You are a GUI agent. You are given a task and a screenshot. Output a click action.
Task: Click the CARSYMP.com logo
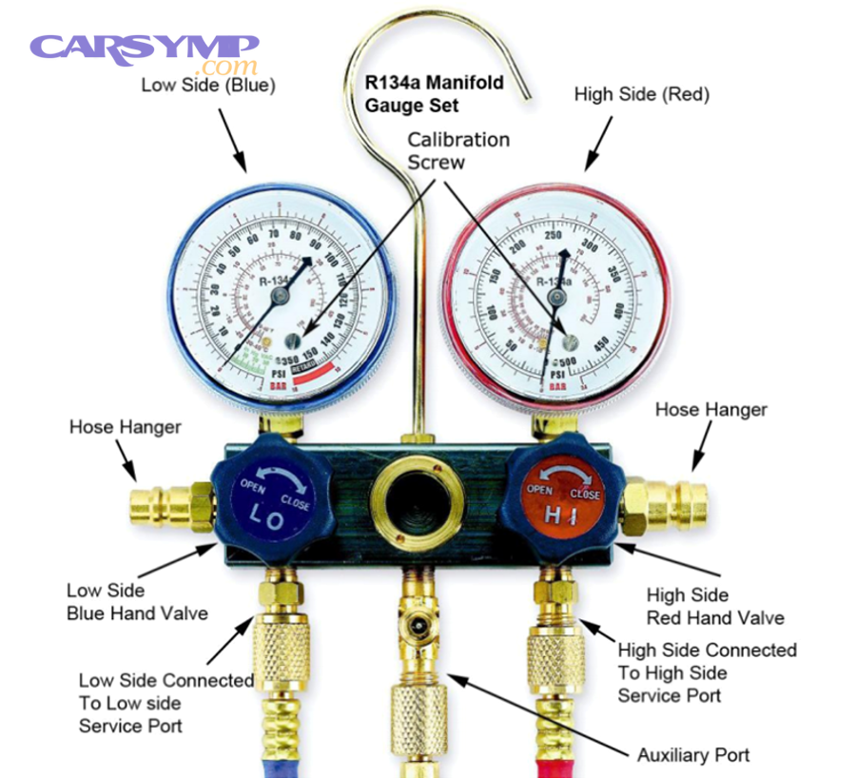[144, 51]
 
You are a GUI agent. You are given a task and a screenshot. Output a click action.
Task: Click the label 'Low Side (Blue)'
[208, 85]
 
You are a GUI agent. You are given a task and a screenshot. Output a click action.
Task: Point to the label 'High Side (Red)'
[642, 94]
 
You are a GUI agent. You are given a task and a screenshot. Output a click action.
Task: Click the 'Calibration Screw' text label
[458, 150]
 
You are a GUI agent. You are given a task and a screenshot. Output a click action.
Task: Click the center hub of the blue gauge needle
[279, 297]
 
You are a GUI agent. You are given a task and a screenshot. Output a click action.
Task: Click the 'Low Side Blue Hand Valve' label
[137, 602]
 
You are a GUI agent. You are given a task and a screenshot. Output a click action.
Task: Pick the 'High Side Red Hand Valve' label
[715, 606]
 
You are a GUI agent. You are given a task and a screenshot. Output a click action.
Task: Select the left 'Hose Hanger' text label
[125, 426]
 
